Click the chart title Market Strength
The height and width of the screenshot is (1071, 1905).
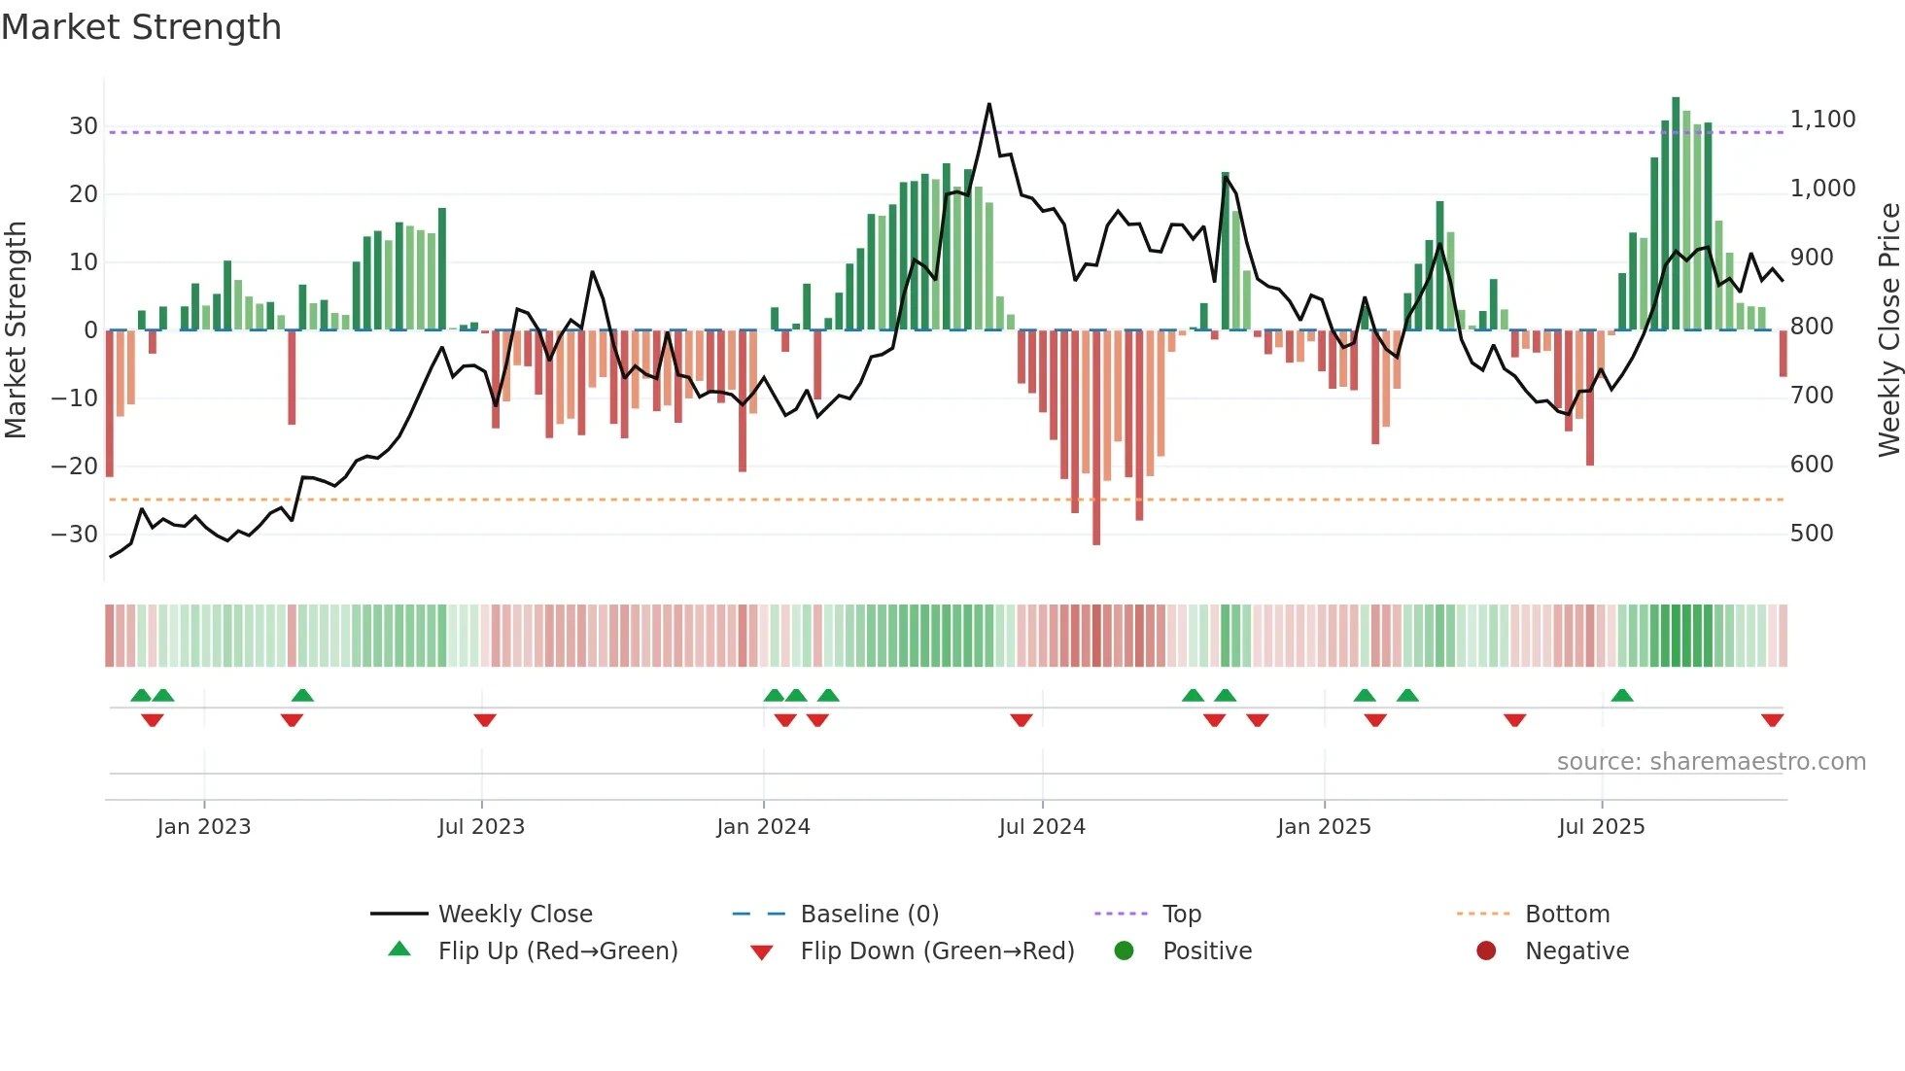coord(141,27)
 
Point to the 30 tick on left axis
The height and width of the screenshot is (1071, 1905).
coord(83,126)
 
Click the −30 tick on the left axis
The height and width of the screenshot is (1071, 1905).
coord(75,535)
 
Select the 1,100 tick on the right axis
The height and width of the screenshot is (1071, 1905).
coord(1822,120)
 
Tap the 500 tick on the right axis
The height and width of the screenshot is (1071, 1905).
coord(1812,534)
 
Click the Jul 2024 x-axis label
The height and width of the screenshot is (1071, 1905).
coord(1041,827)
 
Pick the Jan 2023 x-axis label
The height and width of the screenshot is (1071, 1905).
coord(203,827)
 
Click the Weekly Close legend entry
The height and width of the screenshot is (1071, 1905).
coord(514,915)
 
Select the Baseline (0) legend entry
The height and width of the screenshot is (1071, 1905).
coord(869,915)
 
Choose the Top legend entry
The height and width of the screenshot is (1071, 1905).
coord(1181,915)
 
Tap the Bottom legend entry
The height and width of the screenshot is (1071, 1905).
coord(1567,915)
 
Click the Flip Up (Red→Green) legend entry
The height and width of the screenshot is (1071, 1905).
coord(557,951)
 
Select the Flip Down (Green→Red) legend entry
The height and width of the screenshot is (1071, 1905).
coord(937,951)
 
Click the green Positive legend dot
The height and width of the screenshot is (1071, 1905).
coord(1125,951)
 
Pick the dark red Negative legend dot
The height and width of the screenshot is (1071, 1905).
coord(1486,951)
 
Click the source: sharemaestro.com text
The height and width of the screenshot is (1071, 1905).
coord(1711,762)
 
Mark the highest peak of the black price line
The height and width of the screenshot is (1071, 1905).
coord(989,104)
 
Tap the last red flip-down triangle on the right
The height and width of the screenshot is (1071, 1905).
coord(1772,720)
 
